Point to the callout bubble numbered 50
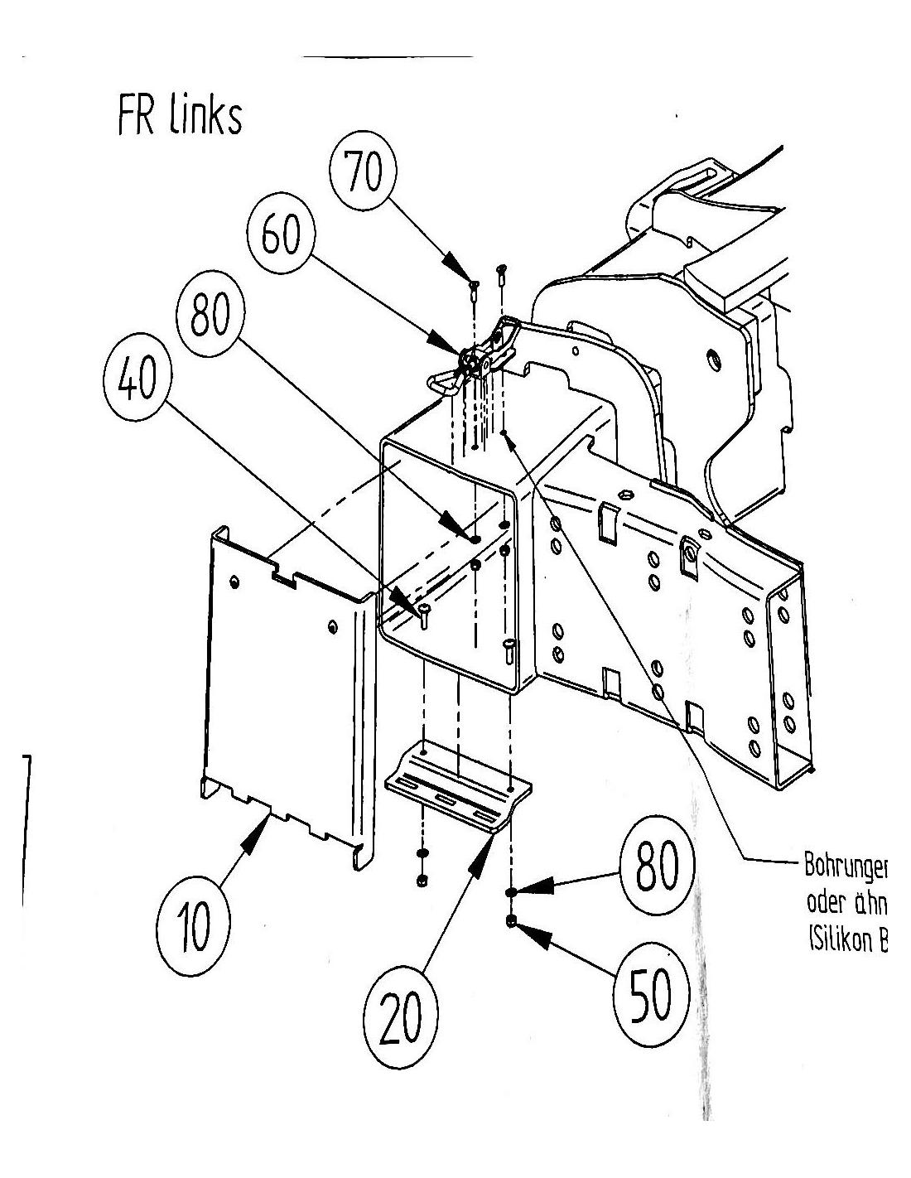(651, 995)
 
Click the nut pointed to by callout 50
(511, 920)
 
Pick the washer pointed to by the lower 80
(511, 892)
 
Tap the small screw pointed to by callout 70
(474, 287)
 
